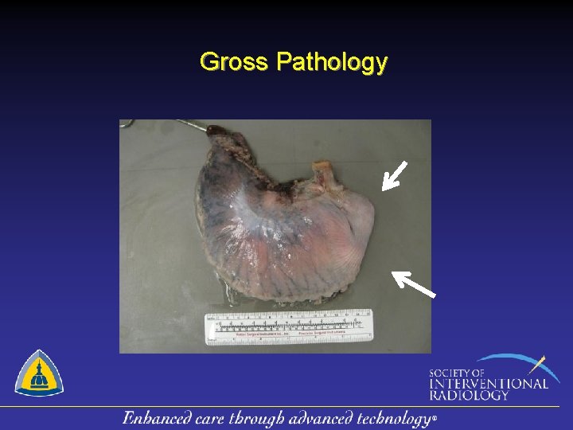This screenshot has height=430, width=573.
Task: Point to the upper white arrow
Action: click(x=394, y=175)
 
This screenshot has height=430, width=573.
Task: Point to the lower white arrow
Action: click(x=413, y=283)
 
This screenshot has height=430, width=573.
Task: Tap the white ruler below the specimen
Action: click(x=288, y=327)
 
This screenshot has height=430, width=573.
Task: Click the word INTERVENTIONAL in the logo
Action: click(x=488, y=383)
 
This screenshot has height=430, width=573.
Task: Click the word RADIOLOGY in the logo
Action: click(x=469, y=394)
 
